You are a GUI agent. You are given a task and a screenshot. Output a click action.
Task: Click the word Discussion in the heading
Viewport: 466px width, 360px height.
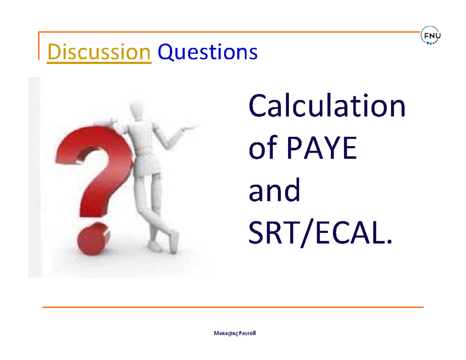tap(99, 51)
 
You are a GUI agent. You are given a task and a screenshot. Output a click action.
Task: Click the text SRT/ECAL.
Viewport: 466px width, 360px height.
tap(318, 234)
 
